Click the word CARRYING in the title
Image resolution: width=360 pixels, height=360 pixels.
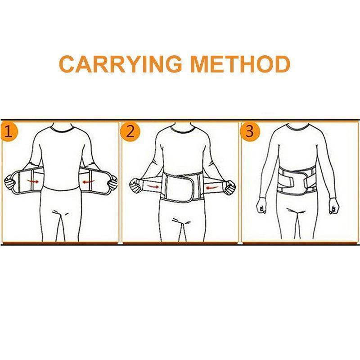(x=120, y=64)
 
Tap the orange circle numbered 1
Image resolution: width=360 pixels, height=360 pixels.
(x=9, y=132)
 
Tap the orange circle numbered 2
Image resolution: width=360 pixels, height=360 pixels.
(x=130, y=132)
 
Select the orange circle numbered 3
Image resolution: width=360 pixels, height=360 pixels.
(x=250, y=132)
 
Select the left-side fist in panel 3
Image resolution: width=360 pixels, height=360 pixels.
(x=261, y=206)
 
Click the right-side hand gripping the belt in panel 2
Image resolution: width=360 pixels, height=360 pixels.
(x=229, y=186)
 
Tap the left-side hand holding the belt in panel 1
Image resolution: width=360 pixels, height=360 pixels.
(x=10, y=183)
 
